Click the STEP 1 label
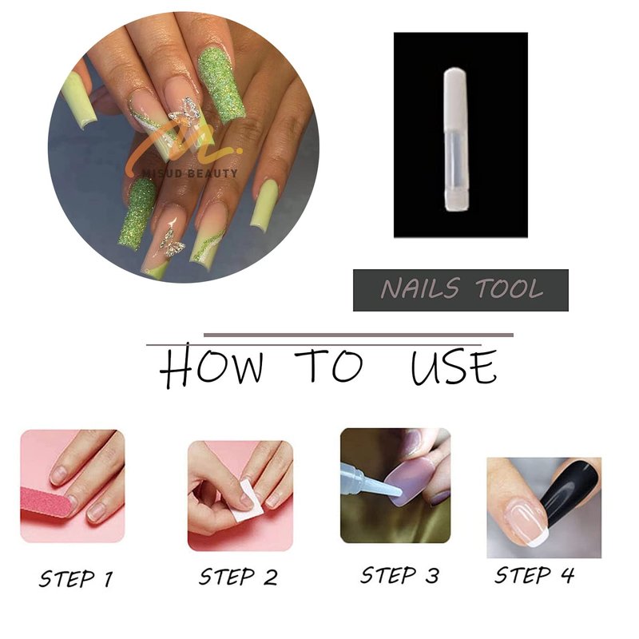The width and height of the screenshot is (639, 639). click(76, 578)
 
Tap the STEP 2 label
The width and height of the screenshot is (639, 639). click(238, 577)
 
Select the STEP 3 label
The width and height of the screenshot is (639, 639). click(400, 575)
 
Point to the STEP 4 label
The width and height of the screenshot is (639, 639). click(534, 575)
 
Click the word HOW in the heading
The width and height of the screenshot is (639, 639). click(211, 366)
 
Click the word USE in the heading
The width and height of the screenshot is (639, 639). click(454, 367)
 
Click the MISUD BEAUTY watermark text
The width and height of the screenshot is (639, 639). click(189, 173)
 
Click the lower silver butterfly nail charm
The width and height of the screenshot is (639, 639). click(172, 243)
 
